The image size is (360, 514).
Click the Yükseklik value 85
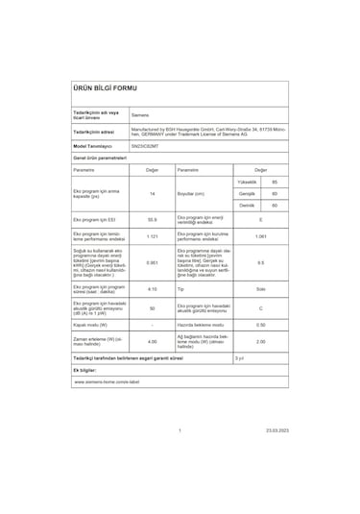(275, 182)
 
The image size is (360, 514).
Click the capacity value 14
(152, 194)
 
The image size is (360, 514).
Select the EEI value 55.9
(152, 221)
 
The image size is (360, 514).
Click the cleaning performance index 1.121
(152, 237)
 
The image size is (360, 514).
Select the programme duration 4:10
(152, 289)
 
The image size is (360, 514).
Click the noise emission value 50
(152, 308)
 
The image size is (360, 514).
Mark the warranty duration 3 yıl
(240, 356)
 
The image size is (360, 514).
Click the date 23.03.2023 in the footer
(276, 430)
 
